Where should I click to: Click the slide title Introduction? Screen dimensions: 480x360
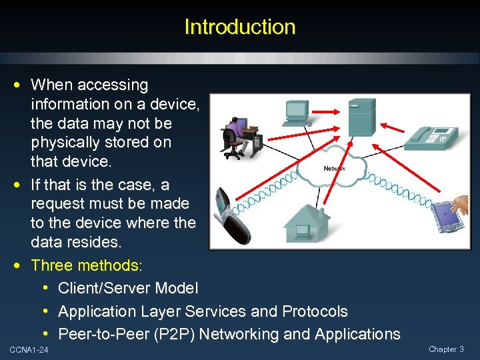click(239, 27)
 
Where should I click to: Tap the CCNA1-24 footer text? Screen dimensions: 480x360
click(29, 350)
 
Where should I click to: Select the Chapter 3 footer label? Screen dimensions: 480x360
click(446, 349)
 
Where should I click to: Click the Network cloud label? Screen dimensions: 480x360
click(334, 169)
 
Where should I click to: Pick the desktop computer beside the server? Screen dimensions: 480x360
click(295, 113)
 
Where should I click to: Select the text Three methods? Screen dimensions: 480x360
click(87, 265)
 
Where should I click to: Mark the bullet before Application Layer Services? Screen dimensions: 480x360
click(45, 311)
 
